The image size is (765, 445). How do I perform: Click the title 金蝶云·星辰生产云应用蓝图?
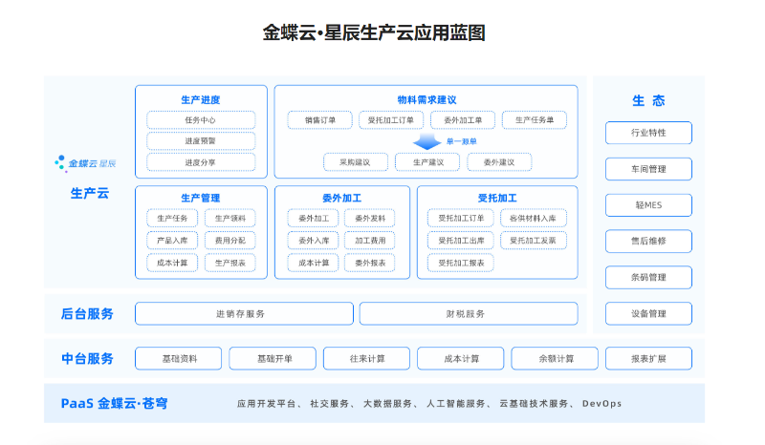pos(374,33)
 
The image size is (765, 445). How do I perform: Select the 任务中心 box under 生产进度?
pos(201,120)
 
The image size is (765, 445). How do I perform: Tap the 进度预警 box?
pos(201,141)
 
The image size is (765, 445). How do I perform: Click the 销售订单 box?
pos(320,120)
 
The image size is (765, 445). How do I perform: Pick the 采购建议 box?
pos(355,162)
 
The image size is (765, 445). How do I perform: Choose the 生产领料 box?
pos(229,219)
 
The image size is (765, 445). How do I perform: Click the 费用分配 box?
pos(229,241)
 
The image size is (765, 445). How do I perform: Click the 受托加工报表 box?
pos(461,263)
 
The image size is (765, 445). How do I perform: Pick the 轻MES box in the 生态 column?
pos(648,205)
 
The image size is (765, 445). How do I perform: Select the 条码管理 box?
pos(648,278)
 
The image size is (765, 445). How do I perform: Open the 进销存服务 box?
pos(241,313)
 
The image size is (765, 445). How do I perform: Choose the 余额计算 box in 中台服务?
pos(556,359)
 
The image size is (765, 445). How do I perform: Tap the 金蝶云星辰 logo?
pos(87,163)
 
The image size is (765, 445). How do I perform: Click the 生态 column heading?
pos(648,100)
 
